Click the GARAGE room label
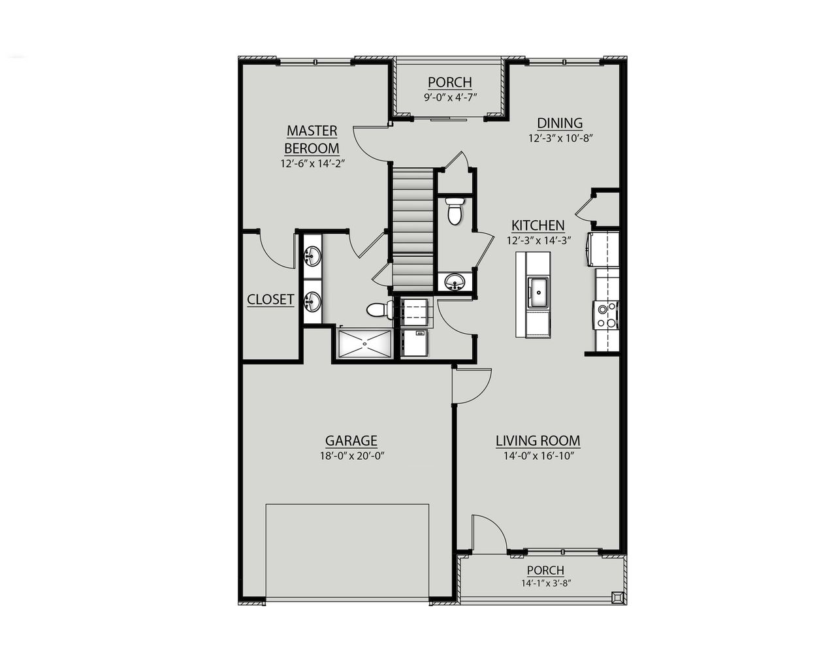click(x=351, y=441)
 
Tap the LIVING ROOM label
click(x=538, y=441)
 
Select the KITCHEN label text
click(x=538, y=225)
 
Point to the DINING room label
click(x=560, y=123)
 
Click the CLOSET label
click(x=270, y=300)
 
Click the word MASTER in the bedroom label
click(x=312, y=131)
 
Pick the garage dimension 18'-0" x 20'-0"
click(x=351, y=457)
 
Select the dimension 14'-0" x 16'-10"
click(x=538, y=457)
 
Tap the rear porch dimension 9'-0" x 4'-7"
click(x=450, y=97)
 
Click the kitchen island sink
click(x=538, y=291)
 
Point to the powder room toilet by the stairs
click(x=455, y=210)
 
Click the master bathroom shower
click(x=364, y=344)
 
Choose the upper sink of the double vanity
click(x=313, y=255)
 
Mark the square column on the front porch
click(x=617, y=597)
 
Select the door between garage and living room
click(x=472, y=387)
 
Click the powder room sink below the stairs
click(x=454, y=282)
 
